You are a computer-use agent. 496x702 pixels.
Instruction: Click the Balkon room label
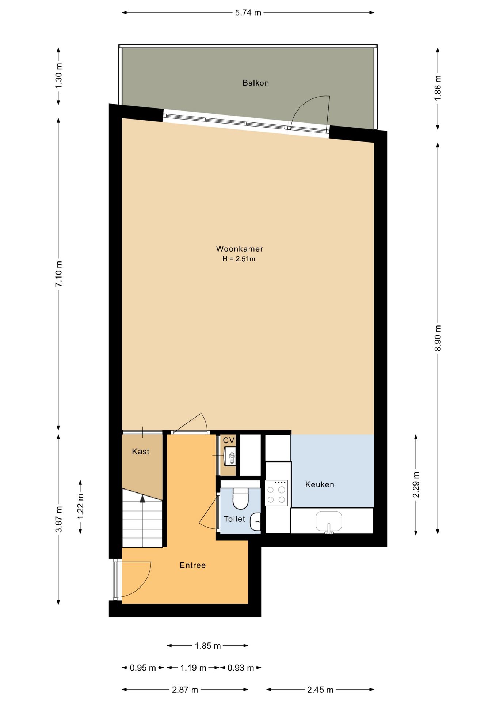(256, 83)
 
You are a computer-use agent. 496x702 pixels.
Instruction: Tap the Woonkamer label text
(240, 249)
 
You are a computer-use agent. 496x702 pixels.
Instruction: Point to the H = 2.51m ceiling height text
(239, 259)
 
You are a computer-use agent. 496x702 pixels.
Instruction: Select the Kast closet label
(141, 452)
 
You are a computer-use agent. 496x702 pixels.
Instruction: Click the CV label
(229, 440)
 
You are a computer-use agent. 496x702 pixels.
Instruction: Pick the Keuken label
(320, 484)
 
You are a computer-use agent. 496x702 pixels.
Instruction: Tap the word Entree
(192, 565)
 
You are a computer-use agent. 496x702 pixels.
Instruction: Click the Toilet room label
(234, 519)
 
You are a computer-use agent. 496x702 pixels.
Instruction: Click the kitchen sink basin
(329, 521)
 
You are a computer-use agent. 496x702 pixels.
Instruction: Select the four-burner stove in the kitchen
(276, 493)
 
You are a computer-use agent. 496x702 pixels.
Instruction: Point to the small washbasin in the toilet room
(256, 521)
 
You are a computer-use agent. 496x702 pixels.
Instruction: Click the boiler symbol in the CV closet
(230, 456)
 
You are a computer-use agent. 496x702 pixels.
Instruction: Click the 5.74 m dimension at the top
(248, 13)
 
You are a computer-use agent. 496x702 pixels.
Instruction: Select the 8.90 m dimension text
(438, 338)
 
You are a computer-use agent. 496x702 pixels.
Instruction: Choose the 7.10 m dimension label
(58, 273)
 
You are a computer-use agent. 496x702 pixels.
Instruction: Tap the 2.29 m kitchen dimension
(416, 485)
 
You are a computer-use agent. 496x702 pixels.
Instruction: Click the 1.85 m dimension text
(208, 646)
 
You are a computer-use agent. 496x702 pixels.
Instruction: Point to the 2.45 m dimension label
(320, 690)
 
